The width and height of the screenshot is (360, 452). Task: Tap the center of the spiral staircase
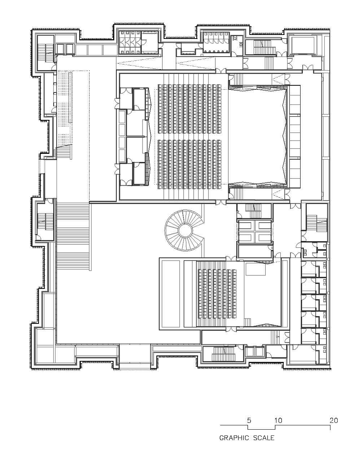pos(185,230)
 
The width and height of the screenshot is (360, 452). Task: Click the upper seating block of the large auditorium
pos(189,109)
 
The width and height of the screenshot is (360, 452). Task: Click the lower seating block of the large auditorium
pos(189,164)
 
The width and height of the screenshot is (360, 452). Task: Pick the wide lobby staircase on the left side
pos(73,236)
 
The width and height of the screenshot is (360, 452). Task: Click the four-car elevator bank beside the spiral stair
pos(255,231)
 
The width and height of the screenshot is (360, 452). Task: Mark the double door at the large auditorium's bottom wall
pos(221,203)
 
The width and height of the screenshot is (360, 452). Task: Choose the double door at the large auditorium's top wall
pos(221,71)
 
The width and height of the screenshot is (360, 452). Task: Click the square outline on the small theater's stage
pos(256,268)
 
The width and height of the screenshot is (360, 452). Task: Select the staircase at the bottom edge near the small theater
pos(223,353)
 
